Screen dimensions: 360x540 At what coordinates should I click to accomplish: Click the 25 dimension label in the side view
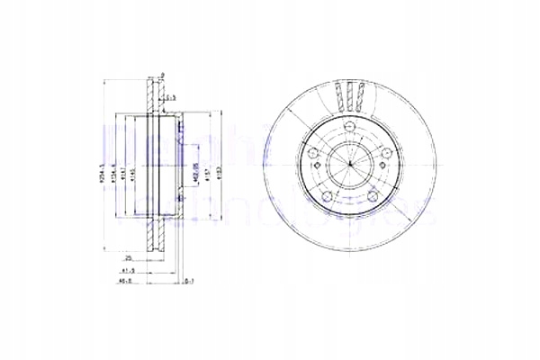(130, 256)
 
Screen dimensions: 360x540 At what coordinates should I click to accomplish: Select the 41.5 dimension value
(129, 269)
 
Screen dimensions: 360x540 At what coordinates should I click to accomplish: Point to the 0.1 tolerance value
(190, 282)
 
